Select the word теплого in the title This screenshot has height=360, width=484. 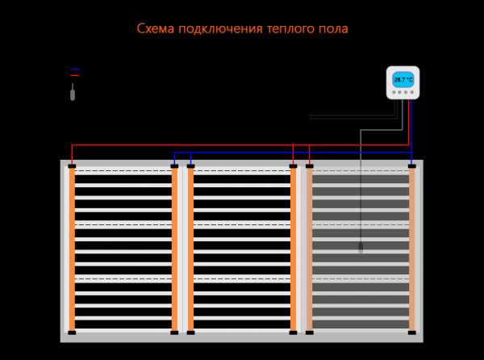(x=289, y=30)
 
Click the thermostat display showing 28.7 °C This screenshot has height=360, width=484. (x=403, y=80)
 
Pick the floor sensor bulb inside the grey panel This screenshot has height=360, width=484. (x=361, y=245)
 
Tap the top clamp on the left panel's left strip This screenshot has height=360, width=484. (x=72, y=166)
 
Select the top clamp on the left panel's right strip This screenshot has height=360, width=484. (x=174, y=166)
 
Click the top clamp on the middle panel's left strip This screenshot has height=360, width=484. (x=190, y=166)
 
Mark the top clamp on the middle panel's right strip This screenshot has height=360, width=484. (x=293, y=166)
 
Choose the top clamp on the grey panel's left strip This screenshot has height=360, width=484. (x=309, y=166)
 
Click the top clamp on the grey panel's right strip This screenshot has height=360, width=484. (x=411, y=166)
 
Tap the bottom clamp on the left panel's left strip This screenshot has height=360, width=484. (x=72, y=333)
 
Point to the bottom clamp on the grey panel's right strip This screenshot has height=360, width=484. (x=411, y=333)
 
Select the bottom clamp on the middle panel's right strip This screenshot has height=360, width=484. (x=293, y=333)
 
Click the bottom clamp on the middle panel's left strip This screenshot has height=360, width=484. (x=190, y=333)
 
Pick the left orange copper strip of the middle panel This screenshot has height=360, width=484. (x=190, y=250)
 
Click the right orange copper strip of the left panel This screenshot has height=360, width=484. (x=174, y=250)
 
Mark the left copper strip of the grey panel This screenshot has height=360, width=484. (x=309, y=250)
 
